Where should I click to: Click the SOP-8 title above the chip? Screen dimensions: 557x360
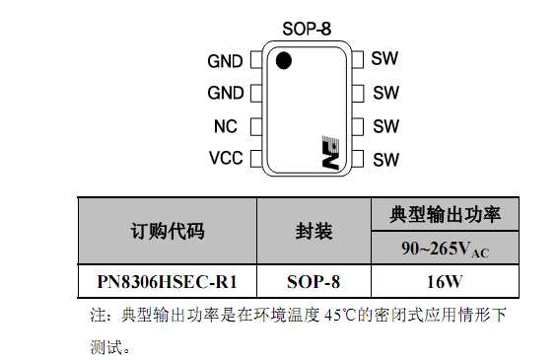pyautogui.click(x=307, y=29)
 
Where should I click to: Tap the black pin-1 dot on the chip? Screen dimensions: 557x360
pyautogui.click(x=284, y=60)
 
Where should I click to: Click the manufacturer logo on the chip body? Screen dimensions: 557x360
pyautogui.click(x=330, y=152)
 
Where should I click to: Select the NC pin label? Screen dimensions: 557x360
pyautogui.click(x=225, y=126)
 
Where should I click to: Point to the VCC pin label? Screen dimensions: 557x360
pyautogui.click(x=226, y=158)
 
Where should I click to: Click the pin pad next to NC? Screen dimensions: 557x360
pyautogui.click(x=256, y=127)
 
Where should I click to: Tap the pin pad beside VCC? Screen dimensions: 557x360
pyautogui.click(x=256, y=159)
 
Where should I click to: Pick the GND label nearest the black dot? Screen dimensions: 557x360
pyautogui.click(x=225, y=61)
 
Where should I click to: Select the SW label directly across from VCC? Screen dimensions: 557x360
pyautogui.click(x=385, y=160)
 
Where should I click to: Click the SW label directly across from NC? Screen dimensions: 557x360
pyautogui.click(x=385, y=126)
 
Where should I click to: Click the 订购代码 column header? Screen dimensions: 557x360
pyautogui.click(x=168, y=232)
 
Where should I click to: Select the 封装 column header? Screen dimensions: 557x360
pyautogui.click(x=313, y=232)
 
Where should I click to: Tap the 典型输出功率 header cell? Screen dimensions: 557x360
pyautogui.click(x=445, y=215)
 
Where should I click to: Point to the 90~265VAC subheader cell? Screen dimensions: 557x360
pyautogui.click(x=445, y=249)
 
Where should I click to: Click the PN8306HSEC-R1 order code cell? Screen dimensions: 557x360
pyautogui.click(x=168, y=282)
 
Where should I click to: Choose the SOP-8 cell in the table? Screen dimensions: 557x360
pyautogui.click(x=313, y=282)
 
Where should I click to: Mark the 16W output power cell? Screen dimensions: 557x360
pyautogui.click(x=445, y=282)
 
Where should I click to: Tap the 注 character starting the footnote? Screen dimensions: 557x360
pyautogui.click(x=98, y=316)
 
